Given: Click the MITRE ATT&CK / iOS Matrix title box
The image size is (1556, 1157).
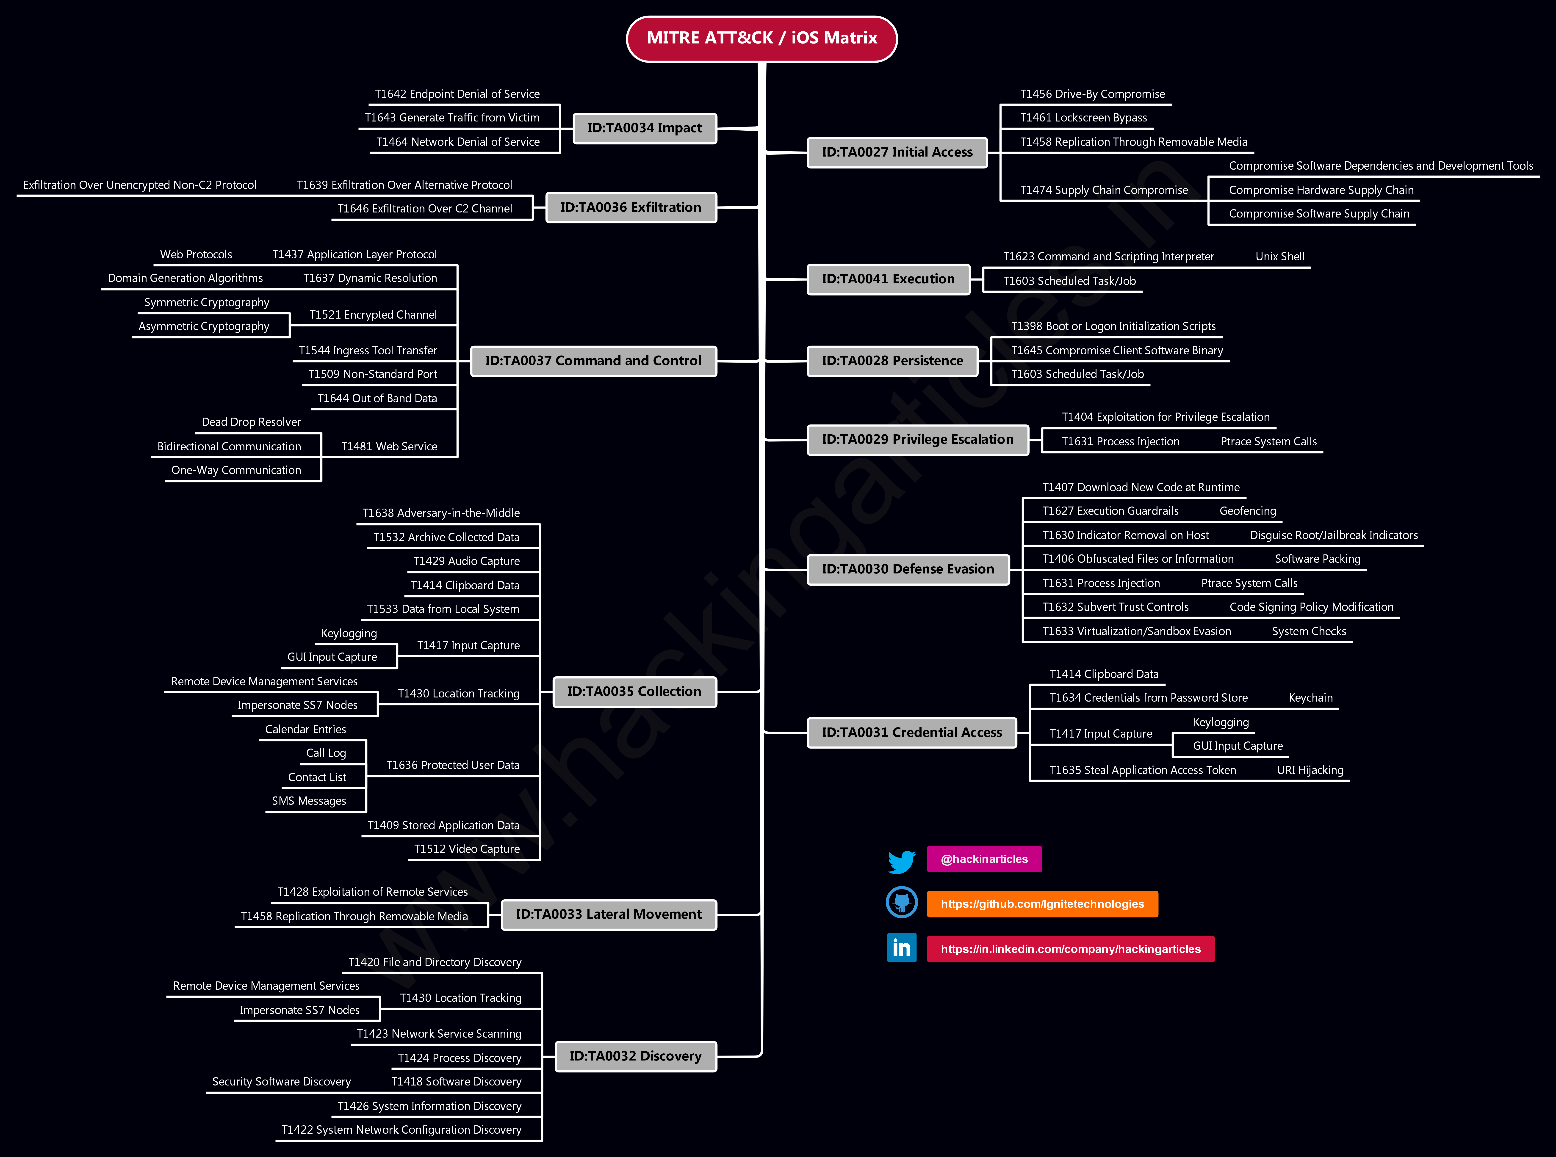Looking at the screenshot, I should click(761, 39).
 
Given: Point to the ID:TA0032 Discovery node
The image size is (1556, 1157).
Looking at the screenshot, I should click(635, 1056).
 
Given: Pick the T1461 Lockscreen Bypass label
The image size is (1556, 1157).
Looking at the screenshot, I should click(1083, 118).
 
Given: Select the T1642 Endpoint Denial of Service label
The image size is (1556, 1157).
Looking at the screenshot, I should click(457, 94).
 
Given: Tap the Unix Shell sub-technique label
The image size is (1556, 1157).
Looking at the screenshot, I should click(1279, 256).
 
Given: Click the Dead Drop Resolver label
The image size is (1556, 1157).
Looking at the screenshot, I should click(251, 422).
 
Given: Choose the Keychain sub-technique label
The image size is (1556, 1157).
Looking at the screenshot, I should click(1310, 697).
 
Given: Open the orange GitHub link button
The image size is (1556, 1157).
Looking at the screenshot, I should click(1042, 904).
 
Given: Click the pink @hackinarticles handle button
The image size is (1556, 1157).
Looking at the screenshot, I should click(984, 859).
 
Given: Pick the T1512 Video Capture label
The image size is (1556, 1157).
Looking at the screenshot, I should click(467, 849).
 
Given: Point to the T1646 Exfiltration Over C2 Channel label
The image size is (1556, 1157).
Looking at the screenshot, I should click(425, 209).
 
